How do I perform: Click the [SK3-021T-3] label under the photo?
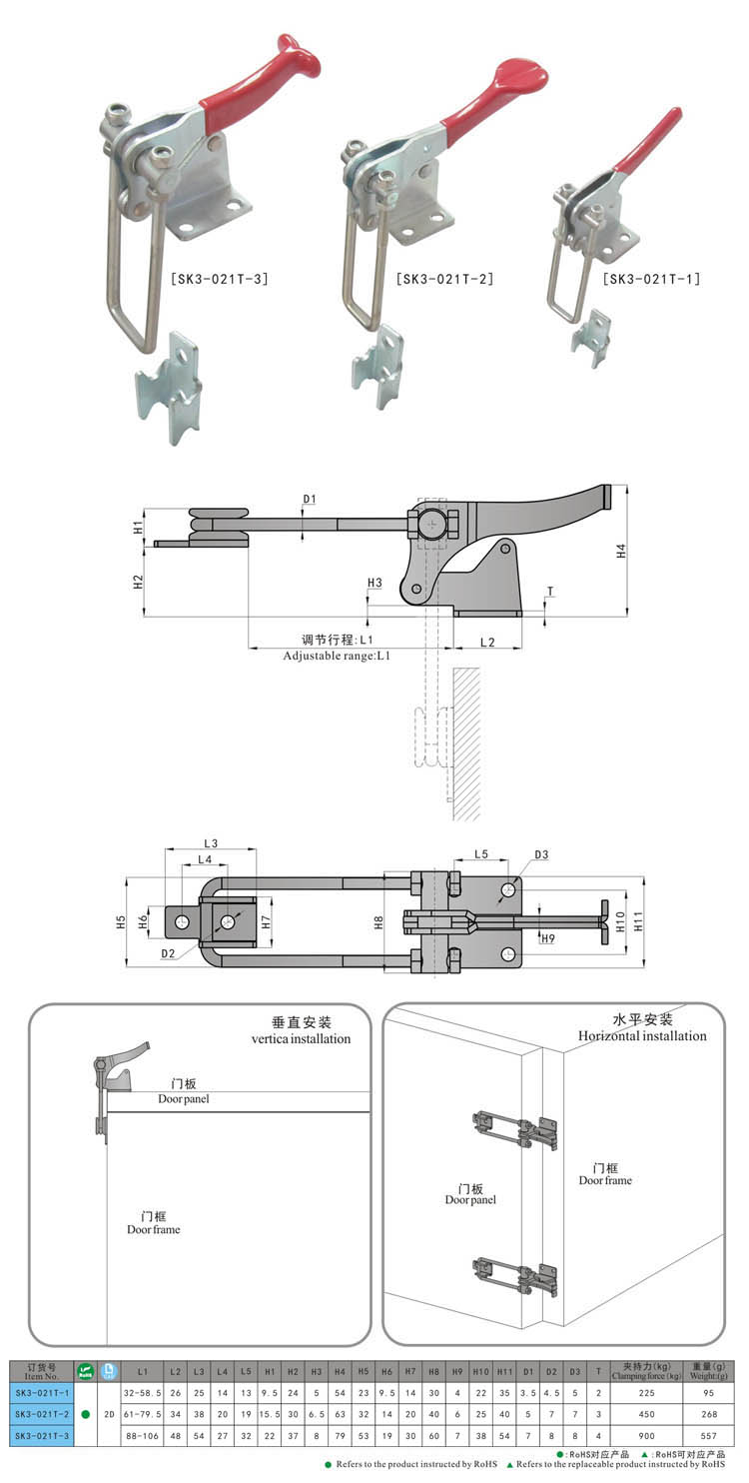click(x=219, y=279)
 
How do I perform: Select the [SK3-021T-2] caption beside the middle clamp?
click(x=444, y=279)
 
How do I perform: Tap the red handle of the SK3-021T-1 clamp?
click(x=650, y=141)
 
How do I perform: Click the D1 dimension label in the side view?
click(x=309, y=499)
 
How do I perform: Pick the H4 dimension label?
click(x=620, y=551)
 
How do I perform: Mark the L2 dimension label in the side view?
click(x=487, y=643)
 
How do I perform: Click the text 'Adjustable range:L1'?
click(x=337, y=656)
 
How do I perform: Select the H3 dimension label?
click(x=374, y=582)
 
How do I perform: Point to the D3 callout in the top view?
click(x=541, y=854)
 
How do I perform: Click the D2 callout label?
click(x=169, y=954)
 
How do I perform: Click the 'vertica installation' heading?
click(x=301, y=1038)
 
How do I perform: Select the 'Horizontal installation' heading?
click(x=642, y=1035)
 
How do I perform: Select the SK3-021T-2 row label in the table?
click(x=40, y=1413)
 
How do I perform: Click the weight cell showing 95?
click(x=709, y=1392)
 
